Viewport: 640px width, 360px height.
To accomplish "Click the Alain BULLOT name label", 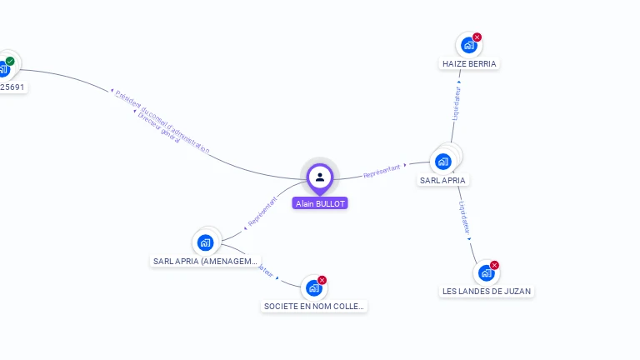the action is point(320,203).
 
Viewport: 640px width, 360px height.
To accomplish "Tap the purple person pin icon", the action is point(320,177).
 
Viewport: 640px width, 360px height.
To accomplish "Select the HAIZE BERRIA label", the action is point(469,63).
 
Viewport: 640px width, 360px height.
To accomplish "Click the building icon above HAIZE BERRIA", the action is point(467,45).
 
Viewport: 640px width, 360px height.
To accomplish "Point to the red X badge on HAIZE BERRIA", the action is point(477,37).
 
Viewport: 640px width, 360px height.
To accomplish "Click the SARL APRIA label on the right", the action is point(442,180).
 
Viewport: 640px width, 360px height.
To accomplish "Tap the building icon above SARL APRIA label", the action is point(443,161).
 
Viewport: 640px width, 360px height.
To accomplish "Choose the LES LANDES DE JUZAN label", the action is point(486,291).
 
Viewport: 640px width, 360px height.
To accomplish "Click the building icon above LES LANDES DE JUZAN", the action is point(486,272).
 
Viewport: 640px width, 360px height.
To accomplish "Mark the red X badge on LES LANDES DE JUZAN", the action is point(495,265).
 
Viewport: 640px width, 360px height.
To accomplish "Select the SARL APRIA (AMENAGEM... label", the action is point(206,261).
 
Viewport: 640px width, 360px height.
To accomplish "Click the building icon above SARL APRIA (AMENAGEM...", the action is point(205,242).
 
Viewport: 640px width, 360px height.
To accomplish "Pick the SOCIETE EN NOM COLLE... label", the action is point(314,306).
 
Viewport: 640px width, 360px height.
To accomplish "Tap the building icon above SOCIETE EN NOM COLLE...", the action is point(313,287).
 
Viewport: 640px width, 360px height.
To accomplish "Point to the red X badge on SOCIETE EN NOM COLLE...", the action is point(322,280).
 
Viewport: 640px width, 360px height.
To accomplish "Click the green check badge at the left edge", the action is point(10,61).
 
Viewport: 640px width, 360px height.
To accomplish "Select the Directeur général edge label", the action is point(158,127).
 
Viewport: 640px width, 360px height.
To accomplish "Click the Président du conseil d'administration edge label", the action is point(162,121).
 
